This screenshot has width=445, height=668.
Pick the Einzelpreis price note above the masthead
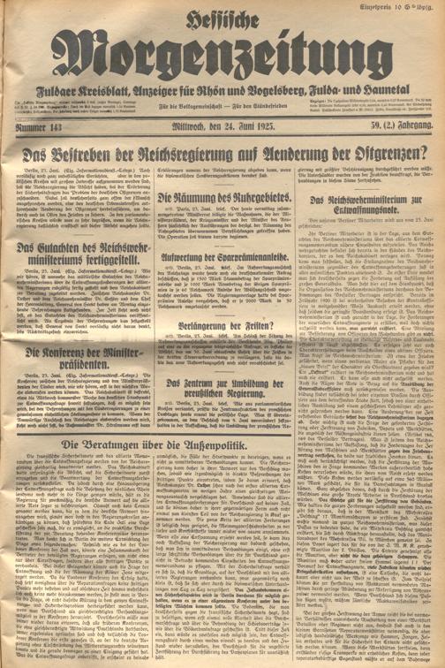tap(401, 7)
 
